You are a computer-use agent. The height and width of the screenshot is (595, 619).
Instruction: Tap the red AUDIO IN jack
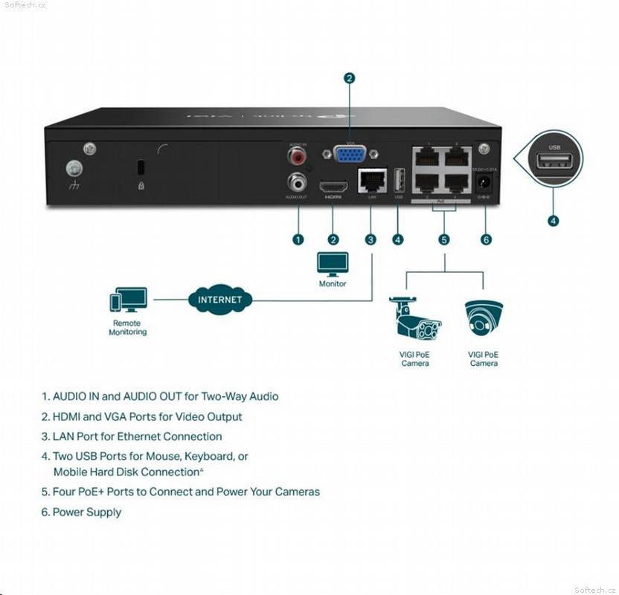coord(298,156)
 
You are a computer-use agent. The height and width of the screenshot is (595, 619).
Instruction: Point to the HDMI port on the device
coord(333,185)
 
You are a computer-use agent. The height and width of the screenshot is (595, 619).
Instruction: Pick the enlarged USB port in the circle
coord(554,161)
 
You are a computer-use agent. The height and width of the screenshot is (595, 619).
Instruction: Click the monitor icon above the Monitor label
coord(333,263)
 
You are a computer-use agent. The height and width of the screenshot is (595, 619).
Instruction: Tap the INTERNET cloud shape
coord(219,300)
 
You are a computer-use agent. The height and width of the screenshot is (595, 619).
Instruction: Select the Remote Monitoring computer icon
coord(128,300)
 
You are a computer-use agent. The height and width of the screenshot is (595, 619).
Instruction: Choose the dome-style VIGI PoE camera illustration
coord(484,318)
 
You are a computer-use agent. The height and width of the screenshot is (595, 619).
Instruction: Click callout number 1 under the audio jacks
coord(298,239)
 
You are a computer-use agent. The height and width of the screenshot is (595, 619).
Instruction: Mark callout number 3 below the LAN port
coord(371,239)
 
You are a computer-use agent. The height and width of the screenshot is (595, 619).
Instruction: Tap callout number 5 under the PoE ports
coord(444,239)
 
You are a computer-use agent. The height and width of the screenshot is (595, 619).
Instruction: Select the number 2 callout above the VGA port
coord(349,77)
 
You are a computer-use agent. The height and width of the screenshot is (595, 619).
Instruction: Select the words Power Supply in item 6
coord(87,512)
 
